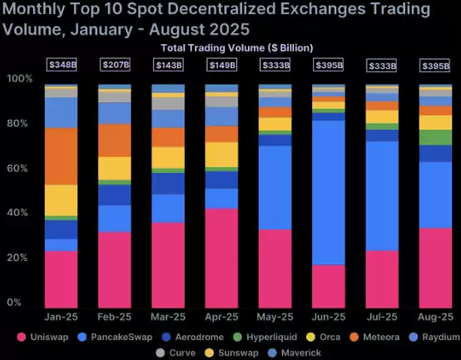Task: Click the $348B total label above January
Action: pos(61,65)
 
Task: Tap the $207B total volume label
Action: pos(114,65)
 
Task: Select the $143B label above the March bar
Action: pos(167,65)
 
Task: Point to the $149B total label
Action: pos(221,65)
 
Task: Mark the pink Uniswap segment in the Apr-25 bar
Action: pos(221,258)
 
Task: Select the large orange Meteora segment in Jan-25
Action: pos(61,156)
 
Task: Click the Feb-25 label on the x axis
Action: pos(114,316)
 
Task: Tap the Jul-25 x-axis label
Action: pos(381,316)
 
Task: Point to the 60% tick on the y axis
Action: pos(19,168)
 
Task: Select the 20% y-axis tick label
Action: pos(19,258)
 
